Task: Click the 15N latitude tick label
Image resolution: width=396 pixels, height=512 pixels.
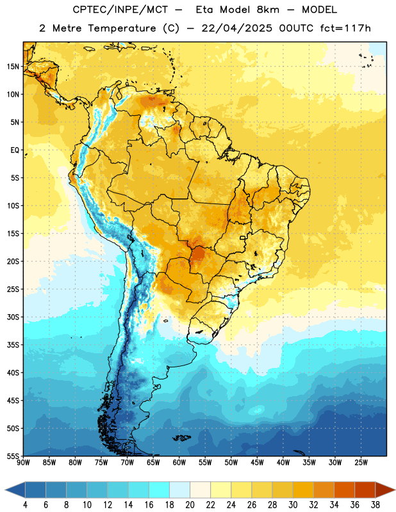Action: tap(13, 67)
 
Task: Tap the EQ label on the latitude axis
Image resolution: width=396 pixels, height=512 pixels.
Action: tap(15, 150)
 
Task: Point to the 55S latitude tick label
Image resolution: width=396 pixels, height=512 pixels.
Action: tap(13, 456)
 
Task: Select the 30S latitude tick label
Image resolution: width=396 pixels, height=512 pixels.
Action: tap(13, 317)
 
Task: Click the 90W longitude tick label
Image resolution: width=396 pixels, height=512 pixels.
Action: tap(23, 463)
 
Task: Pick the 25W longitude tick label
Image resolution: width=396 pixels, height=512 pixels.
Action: tap(361, 463)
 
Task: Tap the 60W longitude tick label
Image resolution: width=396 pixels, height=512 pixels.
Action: tap(179, 463)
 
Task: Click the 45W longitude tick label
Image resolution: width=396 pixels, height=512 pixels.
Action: tap(258, 463)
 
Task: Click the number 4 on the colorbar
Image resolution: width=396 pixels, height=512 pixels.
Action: tap(25, 505)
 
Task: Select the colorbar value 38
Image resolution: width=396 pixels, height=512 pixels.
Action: tap(375, 505)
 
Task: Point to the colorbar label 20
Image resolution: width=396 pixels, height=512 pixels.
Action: tap(190, 505)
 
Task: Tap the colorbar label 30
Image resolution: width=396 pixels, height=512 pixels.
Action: tap(293, 505)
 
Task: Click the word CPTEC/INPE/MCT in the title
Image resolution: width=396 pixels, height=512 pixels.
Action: tap(120, 10)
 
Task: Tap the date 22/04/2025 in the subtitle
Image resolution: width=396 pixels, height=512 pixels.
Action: tap(236, 28)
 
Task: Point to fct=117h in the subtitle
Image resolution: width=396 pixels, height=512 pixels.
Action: tap(345, 28)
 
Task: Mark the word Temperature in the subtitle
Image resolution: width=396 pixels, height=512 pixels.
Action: tap(122, 29)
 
